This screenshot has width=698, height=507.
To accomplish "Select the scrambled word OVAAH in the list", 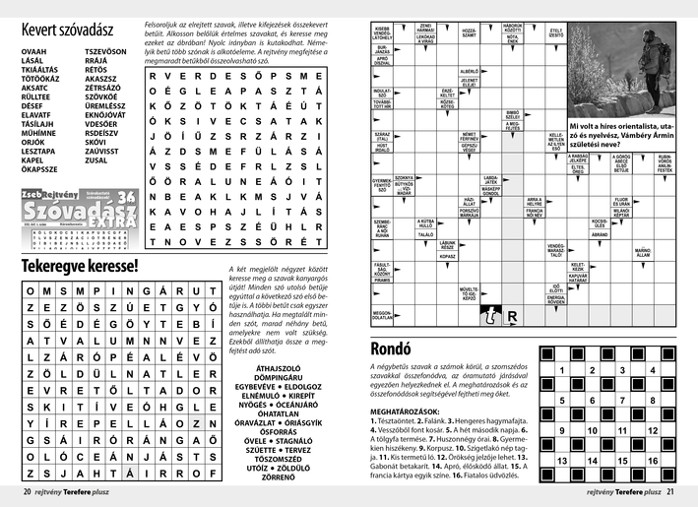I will [32, 50].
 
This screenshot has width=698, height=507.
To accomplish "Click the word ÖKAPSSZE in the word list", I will [39, 169].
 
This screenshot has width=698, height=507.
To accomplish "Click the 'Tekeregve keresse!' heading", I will [81, 266].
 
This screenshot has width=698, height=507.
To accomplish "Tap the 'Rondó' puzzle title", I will [397, 348].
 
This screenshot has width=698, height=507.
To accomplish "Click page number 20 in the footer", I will [29, 492].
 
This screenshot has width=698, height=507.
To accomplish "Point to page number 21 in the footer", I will [669, 492].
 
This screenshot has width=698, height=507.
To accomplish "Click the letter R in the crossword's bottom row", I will [513, 317].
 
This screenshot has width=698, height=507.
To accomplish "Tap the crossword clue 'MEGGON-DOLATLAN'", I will [383, 315].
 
